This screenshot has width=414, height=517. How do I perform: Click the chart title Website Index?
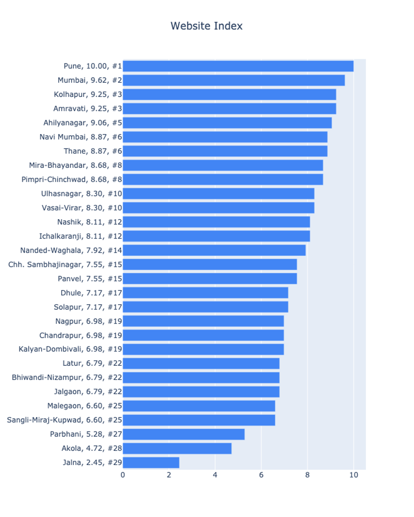[207, 26]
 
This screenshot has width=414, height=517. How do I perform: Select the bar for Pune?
[238, 66]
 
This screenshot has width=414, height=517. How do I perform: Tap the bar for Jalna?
[151, 462]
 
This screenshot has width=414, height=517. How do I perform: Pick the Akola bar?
[177, 448]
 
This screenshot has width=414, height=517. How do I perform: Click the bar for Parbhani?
[184, 434]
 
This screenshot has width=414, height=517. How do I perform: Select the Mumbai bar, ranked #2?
[234, 80]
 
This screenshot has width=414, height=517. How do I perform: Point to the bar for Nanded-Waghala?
[214, 250]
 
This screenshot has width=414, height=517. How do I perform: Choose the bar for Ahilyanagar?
[227, 123]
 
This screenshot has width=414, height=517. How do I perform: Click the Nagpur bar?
[203, 321]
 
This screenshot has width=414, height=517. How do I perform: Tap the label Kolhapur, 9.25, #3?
[88, 95]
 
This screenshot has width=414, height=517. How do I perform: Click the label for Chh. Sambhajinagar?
[65, 265]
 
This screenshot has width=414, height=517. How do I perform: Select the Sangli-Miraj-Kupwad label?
[64, 420]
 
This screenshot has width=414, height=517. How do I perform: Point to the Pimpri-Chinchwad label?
[72, 180]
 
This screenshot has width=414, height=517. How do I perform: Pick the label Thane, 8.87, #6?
[93, 151]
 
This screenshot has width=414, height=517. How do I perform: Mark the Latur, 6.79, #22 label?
[92, 364]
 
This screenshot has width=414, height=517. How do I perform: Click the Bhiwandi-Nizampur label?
[67, 378]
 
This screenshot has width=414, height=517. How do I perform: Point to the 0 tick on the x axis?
[123, 475]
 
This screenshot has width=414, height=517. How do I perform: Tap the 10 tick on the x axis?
[353, 475]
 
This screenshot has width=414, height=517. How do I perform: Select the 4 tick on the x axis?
[215, 475]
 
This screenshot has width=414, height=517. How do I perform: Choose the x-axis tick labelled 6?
[261, 475]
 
